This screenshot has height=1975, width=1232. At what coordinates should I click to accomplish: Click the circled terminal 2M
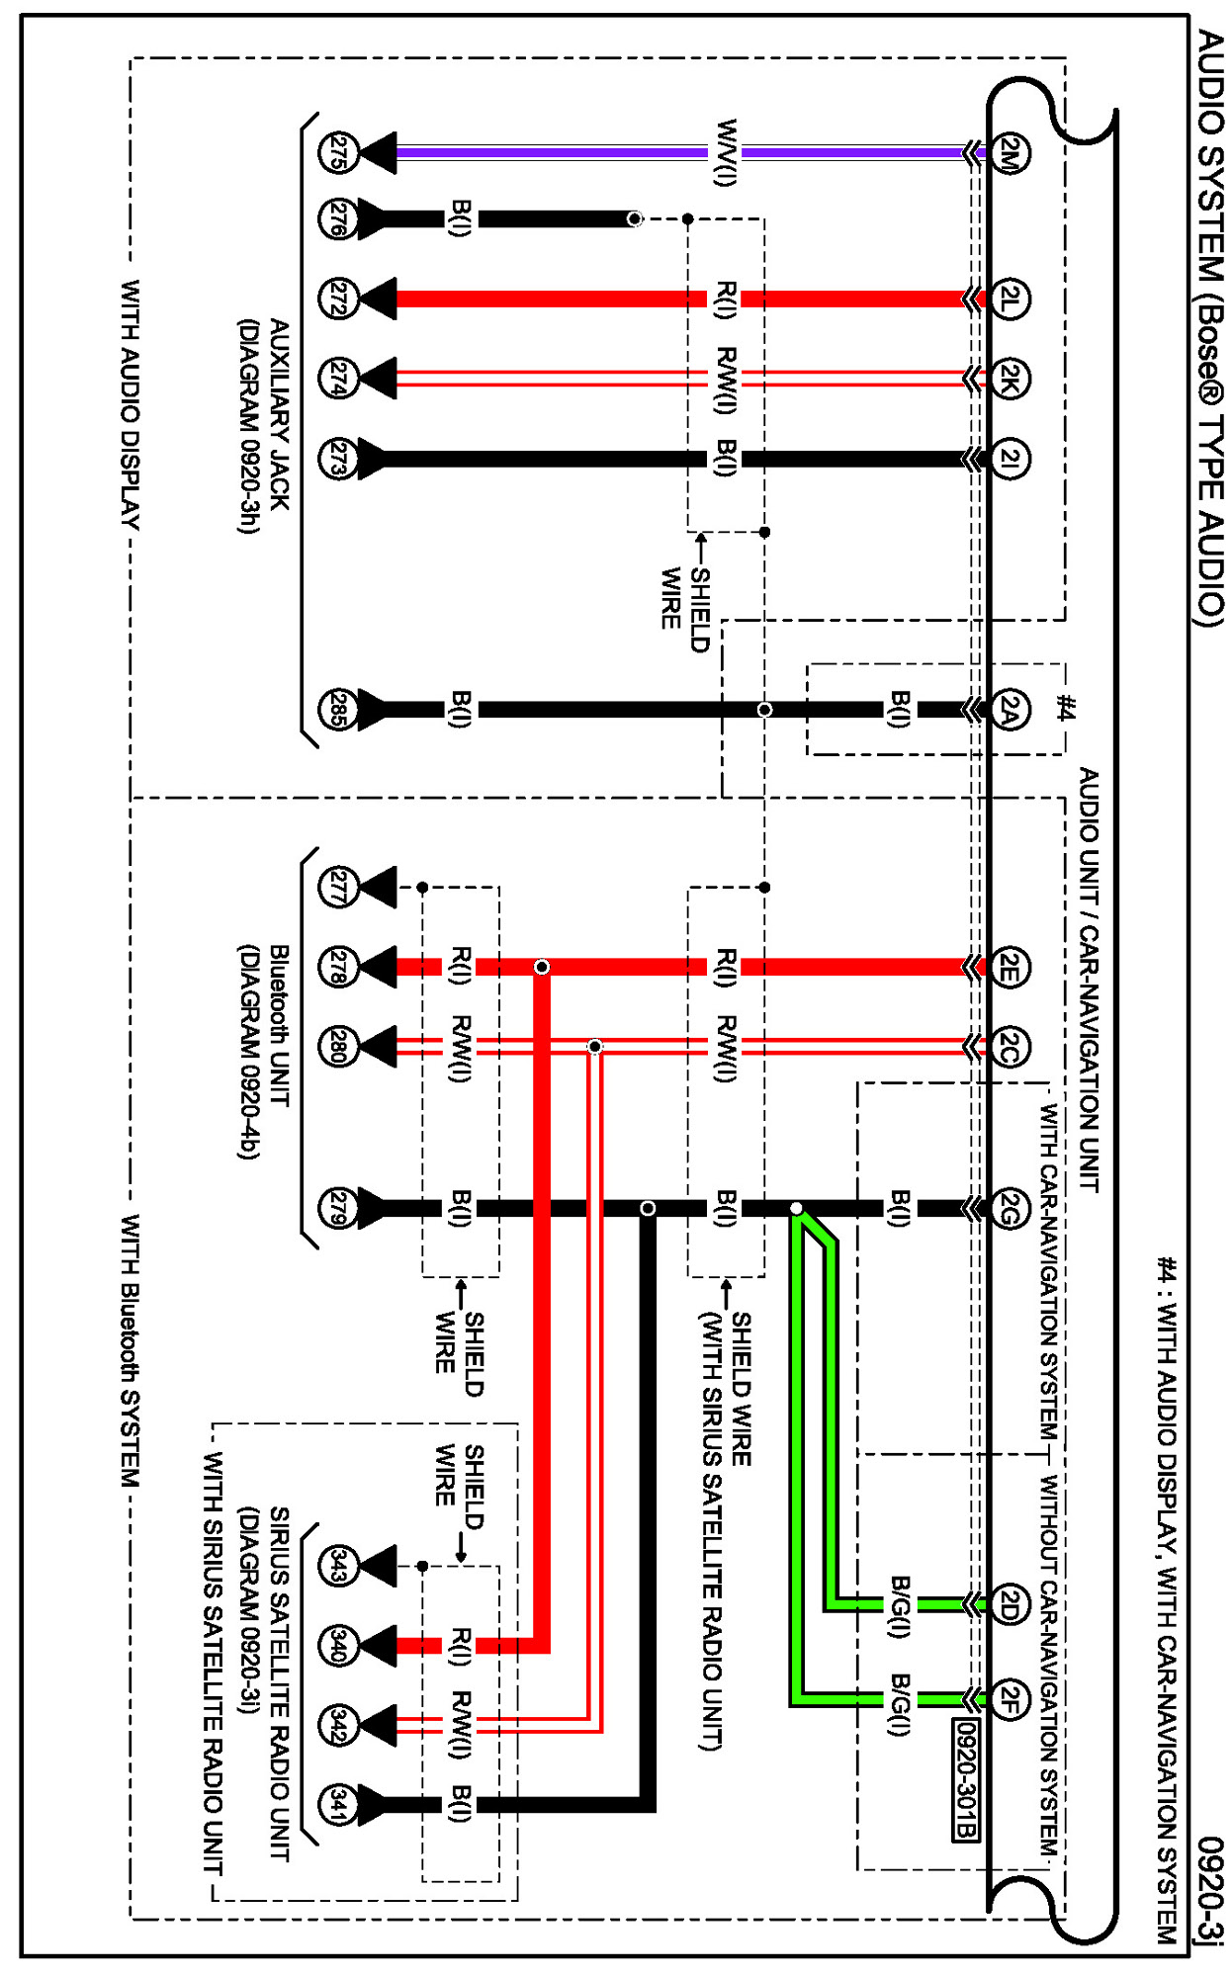click(x=1009, y=153)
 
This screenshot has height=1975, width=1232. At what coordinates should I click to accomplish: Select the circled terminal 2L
click(x=1009, y=299)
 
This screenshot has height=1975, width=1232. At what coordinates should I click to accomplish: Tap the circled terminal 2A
click(x=1009, y=709)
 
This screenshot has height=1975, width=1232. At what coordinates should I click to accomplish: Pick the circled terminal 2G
click(x=1009, y=1208)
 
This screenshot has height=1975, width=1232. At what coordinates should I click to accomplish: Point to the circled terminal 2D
click(x=1009, y=1603)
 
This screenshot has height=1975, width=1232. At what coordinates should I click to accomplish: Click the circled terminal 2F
click(x=1009, y=1699)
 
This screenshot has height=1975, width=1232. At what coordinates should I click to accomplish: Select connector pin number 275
click(x=337, y=153)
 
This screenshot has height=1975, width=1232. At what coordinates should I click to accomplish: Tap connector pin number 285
click(x=337, y=709)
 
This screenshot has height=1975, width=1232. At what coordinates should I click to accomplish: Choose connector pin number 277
click(x=337, y=887)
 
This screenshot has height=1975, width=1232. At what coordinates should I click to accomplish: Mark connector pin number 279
click(x=337, y=1208)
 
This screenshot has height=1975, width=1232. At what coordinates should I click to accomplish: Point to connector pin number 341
click(x=337, y=1804)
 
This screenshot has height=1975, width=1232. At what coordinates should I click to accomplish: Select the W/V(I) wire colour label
click(x=726, y=152)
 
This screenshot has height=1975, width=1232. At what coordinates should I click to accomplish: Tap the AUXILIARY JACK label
click(x=280, y=415)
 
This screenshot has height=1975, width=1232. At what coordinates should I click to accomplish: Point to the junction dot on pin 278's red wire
click(x=542, y=967)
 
